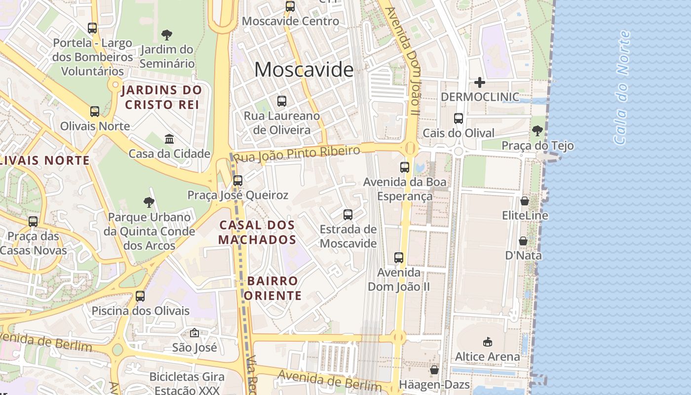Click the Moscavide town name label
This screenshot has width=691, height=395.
[x=304, y=70]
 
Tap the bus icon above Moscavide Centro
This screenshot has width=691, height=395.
[x=290, y=6]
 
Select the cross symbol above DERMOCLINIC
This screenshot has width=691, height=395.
[x=479, y=82]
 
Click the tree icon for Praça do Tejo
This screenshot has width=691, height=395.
[x=537, y=131]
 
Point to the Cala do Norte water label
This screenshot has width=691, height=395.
[x=622, y=88]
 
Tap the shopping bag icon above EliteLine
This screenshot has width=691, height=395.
[x=524, y=201]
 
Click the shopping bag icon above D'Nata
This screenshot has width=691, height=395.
[x=523, y=241]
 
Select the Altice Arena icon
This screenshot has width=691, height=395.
[x=487, y=342]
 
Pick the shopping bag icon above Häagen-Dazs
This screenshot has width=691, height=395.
[x=434, y=370]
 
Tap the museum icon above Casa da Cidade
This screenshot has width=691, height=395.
[x=169, y=139]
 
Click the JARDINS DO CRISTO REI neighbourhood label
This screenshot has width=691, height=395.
[x=161, y=97]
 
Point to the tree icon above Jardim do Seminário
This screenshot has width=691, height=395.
[x=167, y=35]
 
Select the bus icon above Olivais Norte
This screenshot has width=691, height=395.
[x=95, y=112]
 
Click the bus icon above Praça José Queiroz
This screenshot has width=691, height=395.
[x=238, y=181]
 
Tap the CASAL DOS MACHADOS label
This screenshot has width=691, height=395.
[x=257, y=232]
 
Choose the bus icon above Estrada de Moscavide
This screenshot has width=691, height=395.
[x=348, y=215]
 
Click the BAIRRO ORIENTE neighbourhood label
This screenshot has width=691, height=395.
[x=272, y=288]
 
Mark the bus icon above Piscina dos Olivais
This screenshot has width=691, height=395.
[x=140, y=296]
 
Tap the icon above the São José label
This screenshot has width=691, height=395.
[x=194, y=333]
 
